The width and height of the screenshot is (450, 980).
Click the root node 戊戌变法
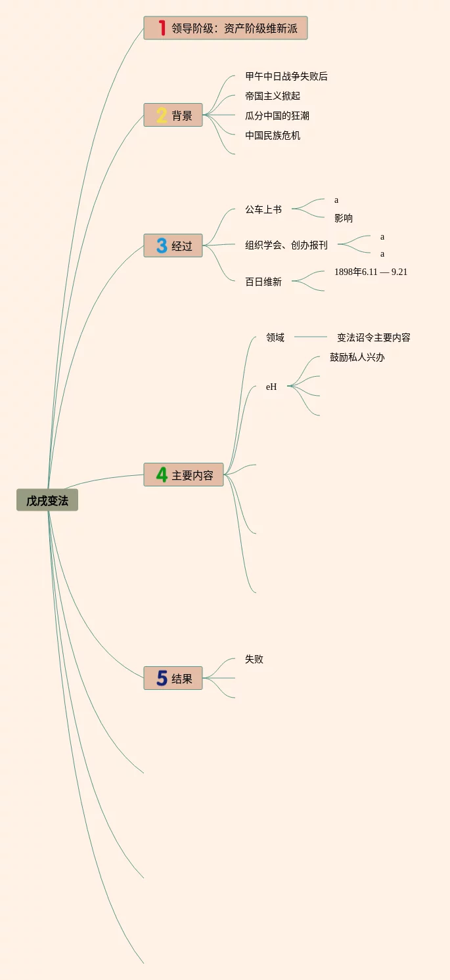[x=47, y=500]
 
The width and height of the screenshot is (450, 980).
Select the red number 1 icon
[x=162, y=28]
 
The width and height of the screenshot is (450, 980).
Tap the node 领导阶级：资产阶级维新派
[x=234, y=28]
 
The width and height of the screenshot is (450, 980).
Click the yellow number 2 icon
[x=162, y=116]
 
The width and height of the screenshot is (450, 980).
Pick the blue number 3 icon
[x=162, y=246]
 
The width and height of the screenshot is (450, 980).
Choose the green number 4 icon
[x=162, y=475]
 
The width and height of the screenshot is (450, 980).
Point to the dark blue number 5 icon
[x=162, y=678]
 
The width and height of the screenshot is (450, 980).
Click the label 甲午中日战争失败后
[x=286, y=76]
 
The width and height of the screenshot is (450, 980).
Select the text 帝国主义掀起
[x=273, y=96]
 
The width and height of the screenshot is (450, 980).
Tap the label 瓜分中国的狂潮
[x=277, y=116]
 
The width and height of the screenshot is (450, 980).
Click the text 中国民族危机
[x=273, y=135]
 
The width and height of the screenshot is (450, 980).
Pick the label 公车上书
[x=263, y=209]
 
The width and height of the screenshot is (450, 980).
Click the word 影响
[x=344, y=218]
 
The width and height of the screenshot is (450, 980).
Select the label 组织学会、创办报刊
[x=286, y=245]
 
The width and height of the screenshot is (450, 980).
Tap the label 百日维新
[x=263, y=282]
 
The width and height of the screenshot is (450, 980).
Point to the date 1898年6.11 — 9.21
[x=371, y=272]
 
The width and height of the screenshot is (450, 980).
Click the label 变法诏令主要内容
[x=374, y=337]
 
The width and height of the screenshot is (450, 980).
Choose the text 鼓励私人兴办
[x=357, y=357]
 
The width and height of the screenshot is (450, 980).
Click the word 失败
[x=254, y=659]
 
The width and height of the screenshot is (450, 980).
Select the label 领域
[x=275, y=337]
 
